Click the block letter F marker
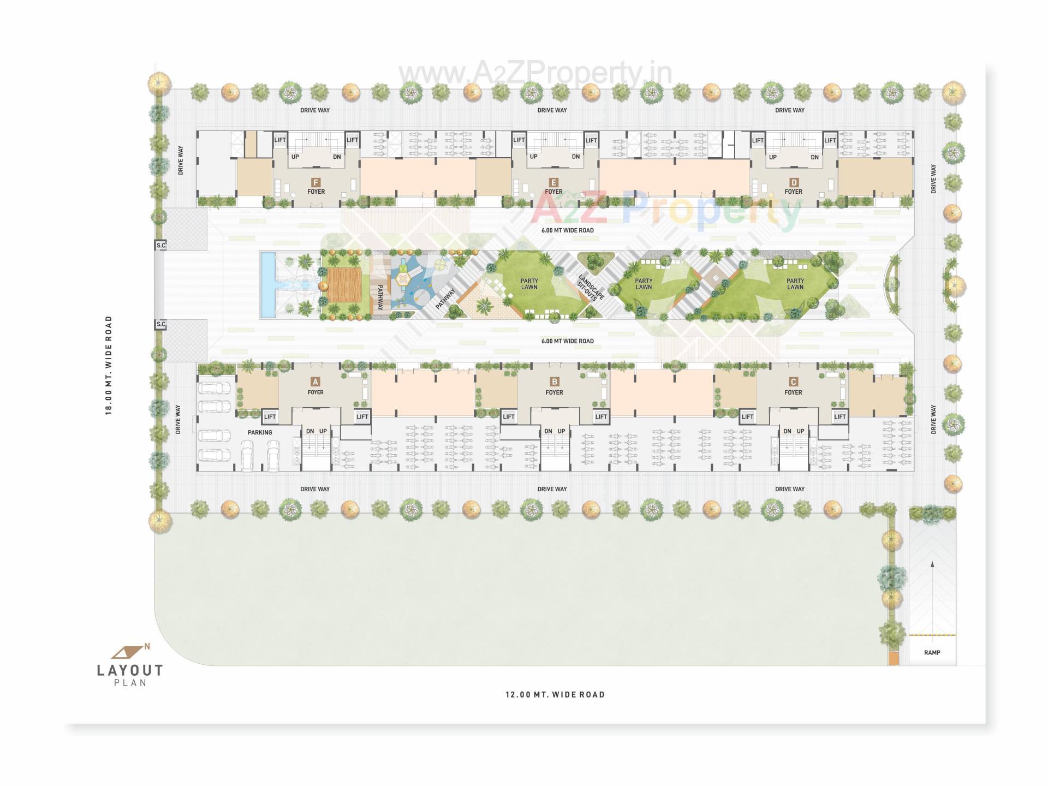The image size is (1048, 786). (315, 182)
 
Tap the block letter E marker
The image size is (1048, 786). (553, 182)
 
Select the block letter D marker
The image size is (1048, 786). (794, 182)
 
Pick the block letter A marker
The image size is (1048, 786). (315, 382)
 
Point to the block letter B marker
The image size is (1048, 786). (555, 382)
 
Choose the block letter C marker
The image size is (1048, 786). (793, 382)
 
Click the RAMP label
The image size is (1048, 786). (932, 653)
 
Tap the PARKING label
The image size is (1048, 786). (260, 432)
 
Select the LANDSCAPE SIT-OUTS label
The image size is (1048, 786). (591, 287)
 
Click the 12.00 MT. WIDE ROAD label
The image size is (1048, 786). (555, 695)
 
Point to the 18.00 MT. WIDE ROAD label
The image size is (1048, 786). (109, 365)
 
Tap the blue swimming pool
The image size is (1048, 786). (267, 284)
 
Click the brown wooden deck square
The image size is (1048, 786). (345, 284)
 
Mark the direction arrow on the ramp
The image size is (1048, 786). (932, 566)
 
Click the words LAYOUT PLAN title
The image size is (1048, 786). (130, 675)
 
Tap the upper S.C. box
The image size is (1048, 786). (161, 246)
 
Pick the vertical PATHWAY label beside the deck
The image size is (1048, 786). (380, 298)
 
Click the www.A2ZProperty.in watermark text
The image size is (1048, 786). (535, 73)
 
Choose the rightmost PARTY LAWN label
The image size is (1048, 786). (795, 284)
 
